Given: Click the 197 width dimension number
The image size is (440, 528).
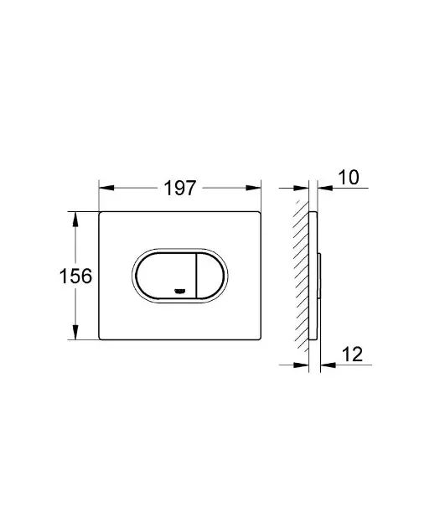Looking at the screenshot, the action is click(x=179, y=188).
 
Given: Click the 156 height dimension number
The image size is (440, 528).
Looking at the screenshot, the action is click(x=75, y=276).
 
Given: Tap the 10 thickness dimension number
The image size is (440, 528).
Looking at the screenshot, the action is click(x=349, y=177).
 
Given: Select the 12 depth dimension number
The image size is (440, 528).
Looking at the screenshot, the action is click(x=353, y=354).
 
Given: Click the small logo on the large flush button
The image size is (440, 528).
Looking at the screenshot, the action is click(x=179, y=291).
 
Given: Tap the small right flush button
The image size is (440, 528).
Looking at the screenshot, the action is click(x=210, y=276).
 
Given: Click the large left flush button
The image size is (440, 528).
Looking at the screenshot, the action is click(x=166, y=276).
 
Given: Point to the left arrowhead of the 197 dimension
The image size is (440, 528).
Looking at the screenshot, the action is click(x=106, y=188).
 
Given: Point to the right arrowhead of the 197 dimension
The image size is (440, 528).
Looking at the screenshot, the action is click(x=253, y=188).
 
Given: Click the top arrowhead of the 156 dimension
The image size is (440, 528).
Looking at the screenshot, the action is click(x=75, y=219).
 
